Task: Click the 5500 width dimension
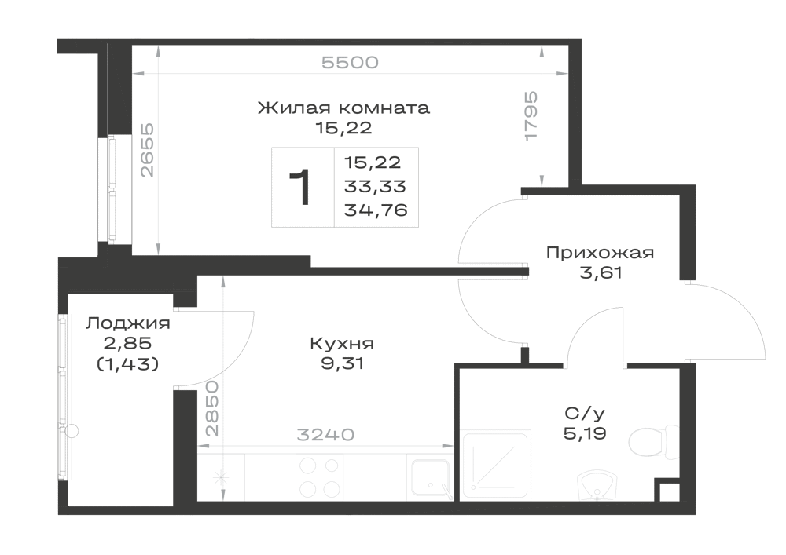point(350,63)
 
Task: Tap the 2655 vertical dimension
point(148,151)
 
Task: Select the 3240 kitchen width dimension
point(325,434)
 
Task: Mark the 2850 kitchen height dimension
point(212,408)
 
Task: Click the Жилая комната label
point(343,108)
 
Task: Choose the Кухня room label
point(342,344)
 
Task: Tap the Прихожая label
point(600,253)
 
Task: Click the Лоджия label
point(128,323)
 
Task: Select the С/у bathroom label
point(585,414)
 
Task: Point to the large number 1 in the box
point(300,187)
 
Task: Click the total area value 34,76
point(376,210)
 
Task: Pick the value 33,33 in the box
point(375,186)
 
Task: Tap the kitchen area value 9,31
point(343,363)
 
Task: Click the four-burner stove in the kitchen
point(318,477)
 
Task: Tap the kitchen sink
point(430,477)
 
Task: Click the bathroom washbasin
point(597,485)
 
